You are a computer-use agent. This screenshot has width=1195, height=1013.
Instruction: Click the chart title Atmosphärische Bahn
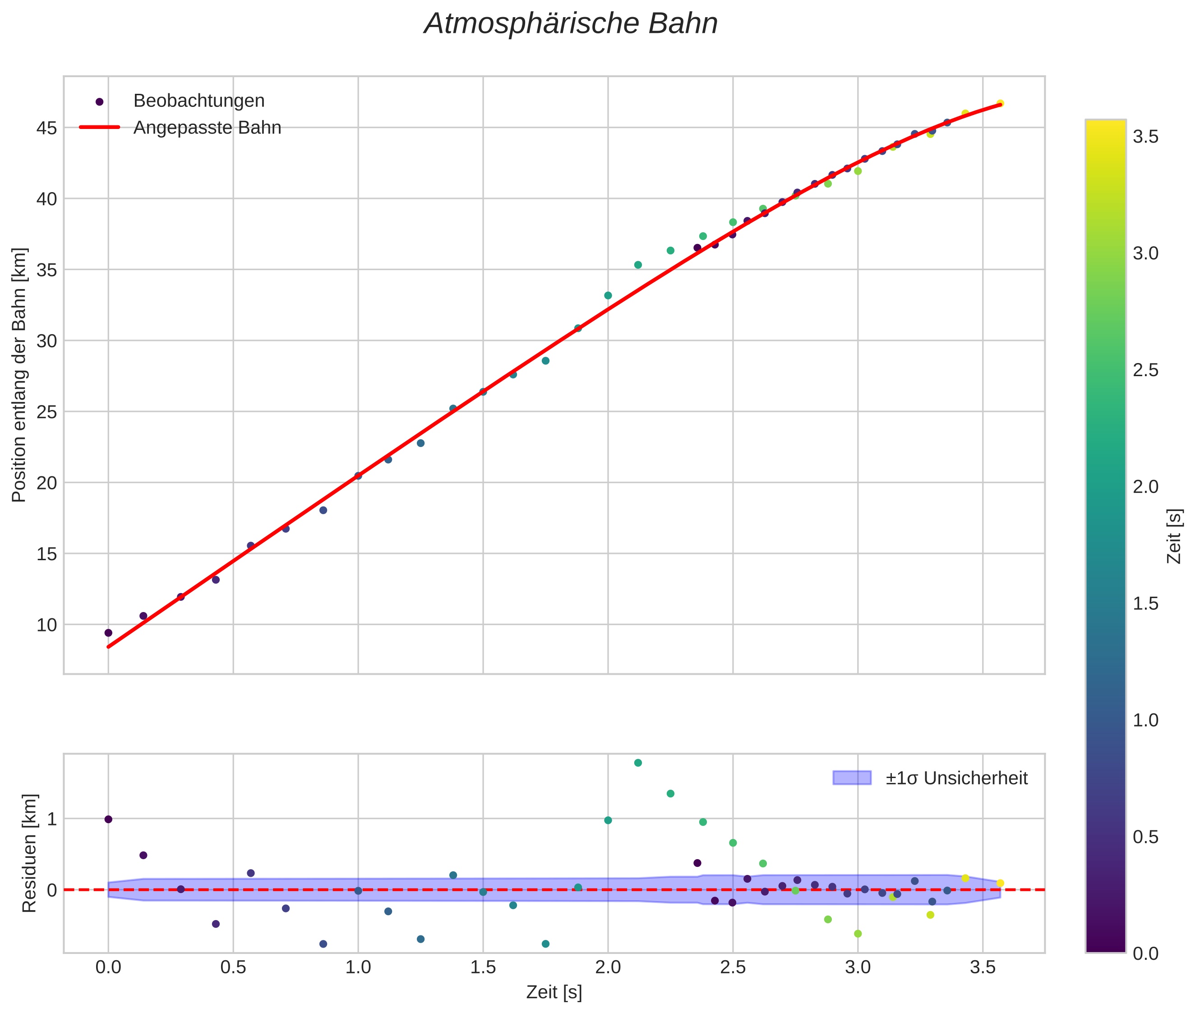[570, 24]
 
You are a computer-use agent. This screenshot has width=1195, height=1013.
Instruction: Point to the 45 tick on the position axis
[46, 128]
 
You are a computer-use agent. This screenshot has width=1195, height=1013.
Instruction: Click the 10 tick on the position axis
[46, 625]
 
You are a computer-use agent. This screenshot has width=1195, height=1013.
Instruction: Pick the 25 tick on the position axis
[46, 412]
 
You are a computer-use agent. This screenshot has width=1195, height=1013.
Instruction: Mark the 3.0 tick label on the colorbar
[1146, 254]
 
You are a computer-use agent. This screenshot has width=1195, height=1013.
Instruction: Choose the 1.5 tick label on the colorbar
[1146, 603]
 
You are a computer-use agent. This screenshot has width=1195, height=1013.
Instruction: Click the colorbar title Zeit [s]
[1175, 536]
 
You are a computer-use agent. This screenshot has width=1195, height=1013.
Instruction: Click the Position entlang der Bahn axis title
[19, 375]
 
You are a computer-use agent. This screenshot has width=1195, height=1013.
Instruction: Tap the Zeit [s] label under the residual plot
[554, 992]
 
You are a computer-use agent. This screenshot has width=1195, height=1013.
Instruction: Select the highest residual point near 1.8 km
[637, 763]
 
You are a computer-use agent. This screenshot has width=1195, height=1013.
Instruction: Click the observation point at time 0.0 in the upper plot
[108, 633]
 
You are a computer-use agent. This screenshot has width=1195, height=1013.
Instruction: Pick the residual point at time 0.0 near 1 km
[108, 819]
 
